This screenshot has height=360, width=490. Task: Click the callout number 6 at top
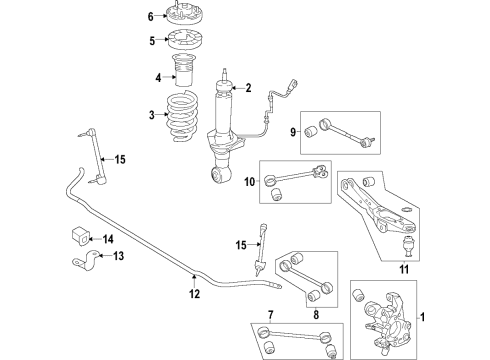(151, 17)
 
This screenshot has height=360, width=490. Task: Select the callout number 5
(151, 41)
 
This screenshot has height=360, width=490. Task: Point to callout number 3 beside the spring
(152, 115)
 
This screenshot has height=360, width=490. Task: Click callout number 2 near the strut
(248, 87)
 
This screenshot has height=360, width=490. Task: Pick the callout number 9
(293, 133)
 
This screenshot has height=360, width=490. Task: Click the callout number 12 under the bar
(195, 294)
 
